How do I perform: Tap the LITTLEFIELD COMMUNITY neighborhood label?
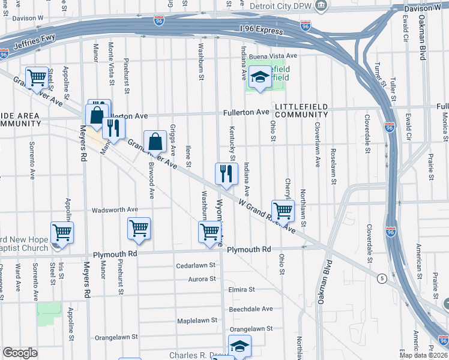click(301, 110)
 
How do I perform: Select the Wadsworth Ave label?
click(115, 210)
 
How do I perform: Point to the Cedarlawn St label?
click(196, 265)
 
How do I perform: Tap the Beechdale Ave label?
click(251, 309)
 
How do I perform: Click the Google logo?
click(20, 353)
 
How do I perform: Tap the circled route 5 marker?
click(382, 278)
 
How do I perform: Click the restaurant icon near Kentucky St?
click(226, 174)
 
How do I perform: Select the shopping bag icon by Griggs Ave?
click(155, 142)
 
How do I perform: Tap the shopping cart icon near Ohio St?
click(283, 211)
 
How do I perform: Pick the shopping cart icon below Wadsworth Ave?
click(139, 229)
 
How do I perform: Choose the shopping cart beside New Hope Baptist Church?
click(62, 232)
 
